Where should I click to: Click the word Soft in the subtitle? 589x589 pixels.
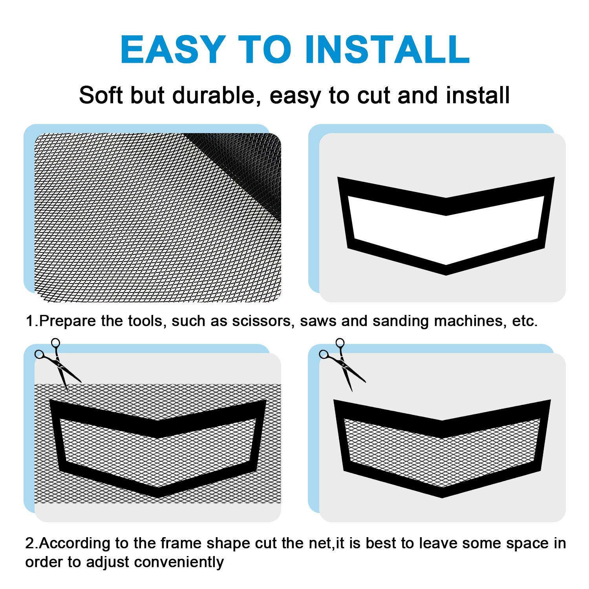pos(101,95)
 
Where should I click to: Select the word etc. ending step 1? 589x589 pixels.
pos(525,321)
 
